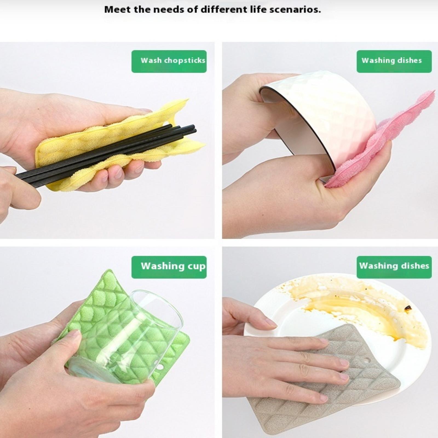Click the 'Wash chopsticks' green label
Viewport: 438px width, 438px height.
tap(169, 61)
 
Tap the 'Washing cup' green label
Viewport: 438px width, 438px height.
tap(169, 267)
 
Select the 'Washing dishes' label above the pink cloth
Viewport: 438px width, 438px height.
tap(394, 61)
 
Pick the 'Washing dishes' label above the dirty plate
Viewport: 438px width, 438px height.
tap(394, 267)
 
